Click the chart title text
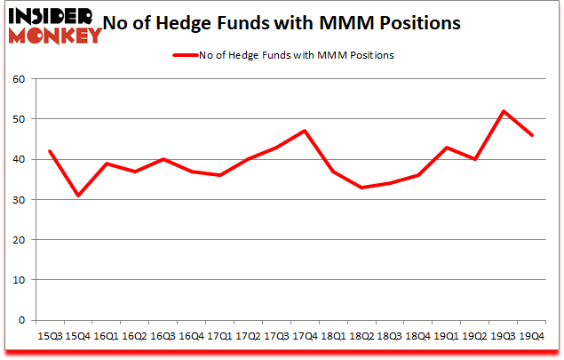click(282, 23)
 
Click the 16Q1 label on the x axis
click(106, 337)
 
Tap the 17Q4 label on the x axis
click(306, 337)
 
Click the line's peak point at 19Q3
click(504, 111)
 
